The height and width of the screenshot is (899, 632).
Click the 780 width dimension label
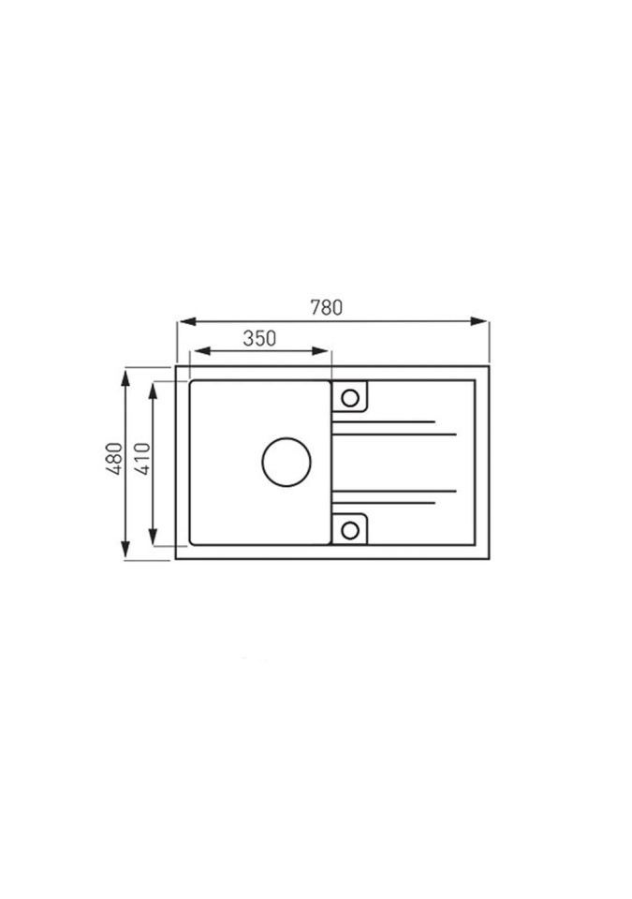[327, 308]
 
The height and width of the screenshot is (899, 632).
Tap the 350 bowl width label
[259, 339]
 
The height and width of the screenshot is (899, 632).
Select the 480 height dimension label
[114, 458]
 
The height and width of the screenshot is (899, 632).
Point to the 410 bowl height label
[141, 458]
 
